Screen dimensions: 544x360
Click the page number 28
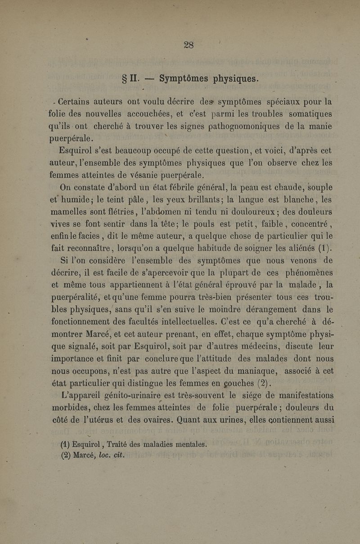(x=189, y=44)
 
